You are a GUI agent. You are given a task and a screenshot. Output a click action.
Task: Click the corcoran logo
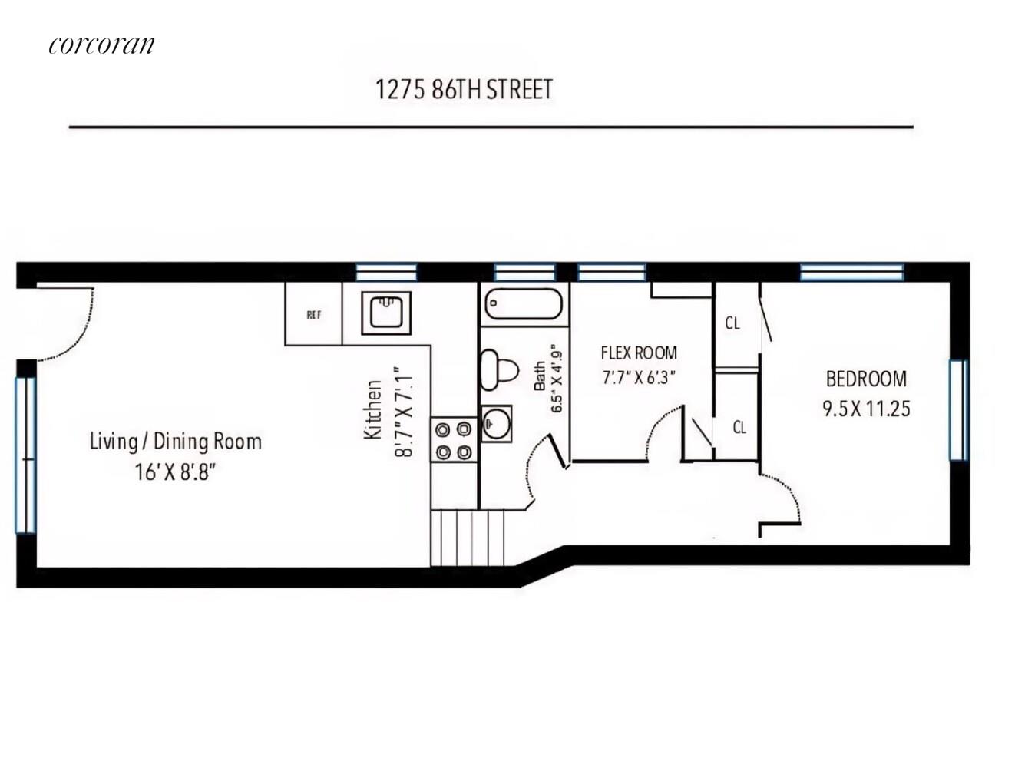(101, 45)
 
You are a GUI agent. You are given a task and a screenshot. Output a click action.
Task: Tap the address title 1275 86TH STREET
(464, 89)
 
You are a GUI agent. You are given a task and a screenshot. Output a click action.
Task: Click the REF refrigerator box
(313, 314)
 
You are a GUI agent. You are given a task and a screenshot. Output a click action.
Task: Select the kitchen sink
(386, 313)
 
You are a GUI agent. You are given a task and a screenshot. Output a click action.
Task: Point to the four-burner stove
(454, 439)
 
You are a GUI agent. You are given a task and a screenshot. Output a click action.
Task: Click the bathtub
(523, 304)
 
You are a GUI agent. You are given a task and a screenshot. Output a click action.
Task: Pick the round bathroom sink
(496, 423)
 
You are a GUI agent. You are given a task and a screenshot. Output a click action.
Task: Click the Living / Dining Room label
(176, 442)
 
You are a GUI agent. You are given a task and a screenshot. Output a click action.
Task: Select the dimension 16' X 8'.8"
(176, 472)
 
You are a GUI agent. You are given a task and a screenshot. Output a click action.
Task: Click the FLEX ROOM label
(639, 353)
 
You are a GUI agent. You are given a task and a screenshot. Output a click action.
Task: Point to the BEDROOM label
(866, 379)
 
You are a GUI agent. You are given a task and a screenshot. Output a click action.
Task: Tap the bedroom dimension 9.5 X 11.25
(866, 409)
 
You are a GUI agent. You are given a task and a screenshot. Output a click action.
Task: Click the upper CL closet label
(732, 323)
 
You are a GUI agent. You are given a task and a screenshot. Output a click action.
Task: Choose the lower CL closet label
(739, 427)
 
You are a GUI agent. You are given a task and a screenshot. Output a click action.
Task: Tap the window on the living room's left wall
(26, 455)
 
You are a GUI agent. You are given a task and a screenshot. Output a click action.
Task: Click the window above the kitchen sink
(386, 272)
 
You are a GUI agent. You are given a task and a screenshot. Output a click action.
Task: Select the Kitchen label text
(373, 410)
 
